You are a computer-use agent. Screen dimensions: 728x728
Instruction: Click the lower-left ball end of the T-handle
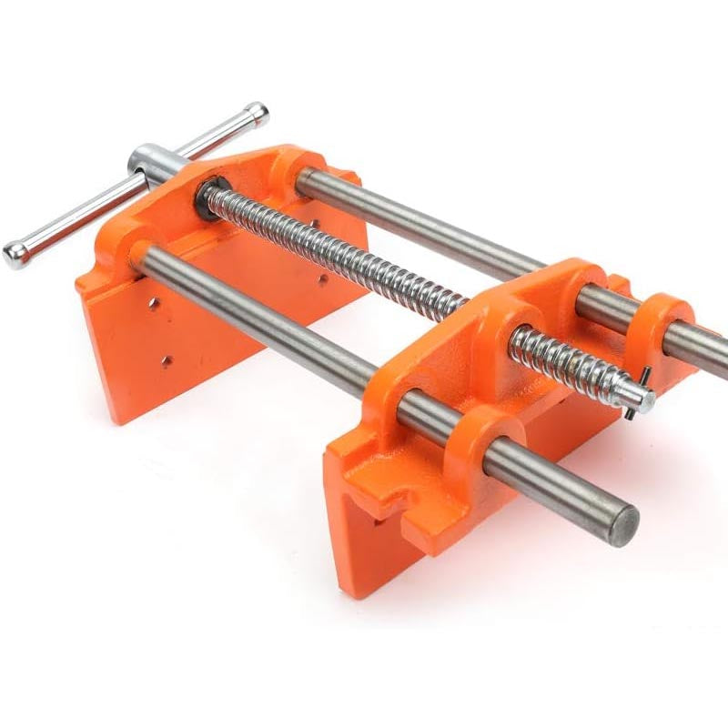[x=15, y=256]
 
